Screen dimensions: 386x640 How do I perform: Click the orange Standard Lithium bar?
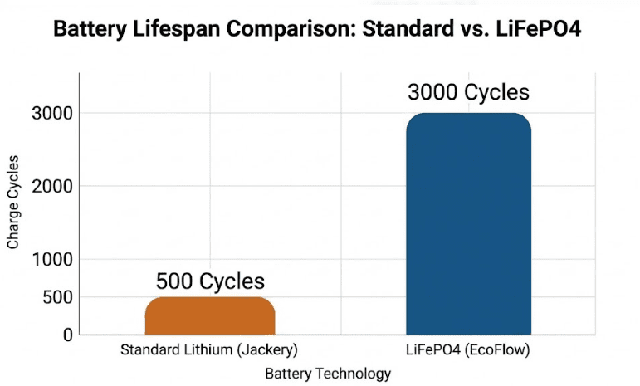pyautogui.click(x=210, y=316)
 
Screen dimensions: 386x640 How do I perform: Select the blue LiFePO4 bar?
pyautogui.click(x=468, y=224)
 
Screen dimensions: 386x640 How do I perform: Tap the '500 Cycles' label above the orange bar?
pyautogui.click(x=210, y=281)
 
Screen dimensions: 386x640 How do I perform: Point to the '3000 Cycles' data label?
pyautogui.click(x=468, y=92)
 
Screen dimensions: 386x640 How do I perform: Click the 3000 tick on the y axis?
pyautogui.click(x=52, y=113)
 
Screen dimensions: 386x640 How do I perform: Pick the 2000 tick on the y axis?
pyautogui.click(x=52, y=186)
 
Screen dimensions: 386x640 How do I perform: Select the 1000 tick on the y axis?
pyautogui.click(x=52, y=259)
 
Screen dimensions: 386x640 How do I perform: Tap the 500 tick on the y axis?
pyautogui.click(x=56, y=297)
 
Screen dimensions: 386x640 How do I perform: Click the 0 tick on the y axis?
pyautogui.click(x=66, y=334)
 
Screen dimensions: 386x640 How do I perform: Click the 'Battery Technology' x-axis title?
pyautogui.click(x=328, y=374)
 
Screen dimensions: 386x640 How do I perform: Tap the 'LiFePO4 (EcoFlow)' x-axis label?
pyautogui.click(x=469, y=350)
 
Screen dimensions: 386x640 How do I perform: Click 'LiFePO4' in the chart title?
pyautogui.click(x=548, y=30)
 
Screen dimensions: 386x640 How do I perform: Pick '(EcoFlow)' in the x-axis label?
pyautogui.click(x=500, y=350)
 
